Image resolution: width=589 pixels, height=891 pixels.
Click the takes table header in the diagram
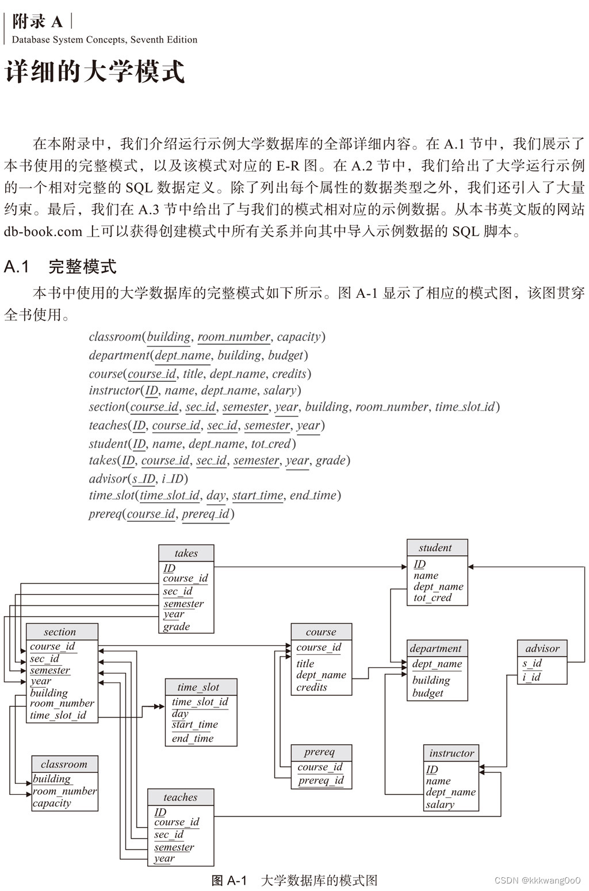click(x=186, y=553)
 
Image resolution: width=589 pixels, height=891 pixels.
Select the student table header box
click(x=437, y=548)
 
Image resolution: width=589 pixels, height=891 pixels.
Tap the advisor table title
click(x=542, y=649)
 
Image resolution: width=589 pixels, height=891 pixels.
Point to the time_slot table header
click(x=201, y=687)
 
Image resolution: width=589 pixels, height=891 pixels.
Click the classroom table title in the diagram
click(x=65, y=764)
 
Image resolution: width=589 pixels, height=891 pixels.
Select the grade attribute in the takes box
click(x=177, y=627)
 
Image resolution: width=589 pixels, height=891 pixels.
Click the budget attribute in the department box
click(x=427, y=693)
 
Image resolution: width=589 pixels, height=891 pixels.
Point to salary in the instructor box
click(x=440, y=804)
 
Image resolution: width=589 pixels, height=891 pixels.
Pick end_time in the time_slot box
click(x=193, y=738)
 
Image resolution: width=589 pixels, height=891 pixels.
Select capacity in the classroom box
click(x=52, y=803)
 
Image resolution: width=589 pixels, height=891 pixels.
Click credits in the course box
click(x=312, y=687)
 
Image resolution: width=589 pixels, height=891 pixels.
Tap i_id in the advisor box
click(x=531, y=677)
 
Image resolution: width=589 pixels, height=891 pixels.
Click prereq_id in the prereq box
click(x=321, y=780)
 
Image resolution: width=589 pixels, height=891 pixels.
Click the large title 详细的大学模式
click(x=94, y=71)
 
